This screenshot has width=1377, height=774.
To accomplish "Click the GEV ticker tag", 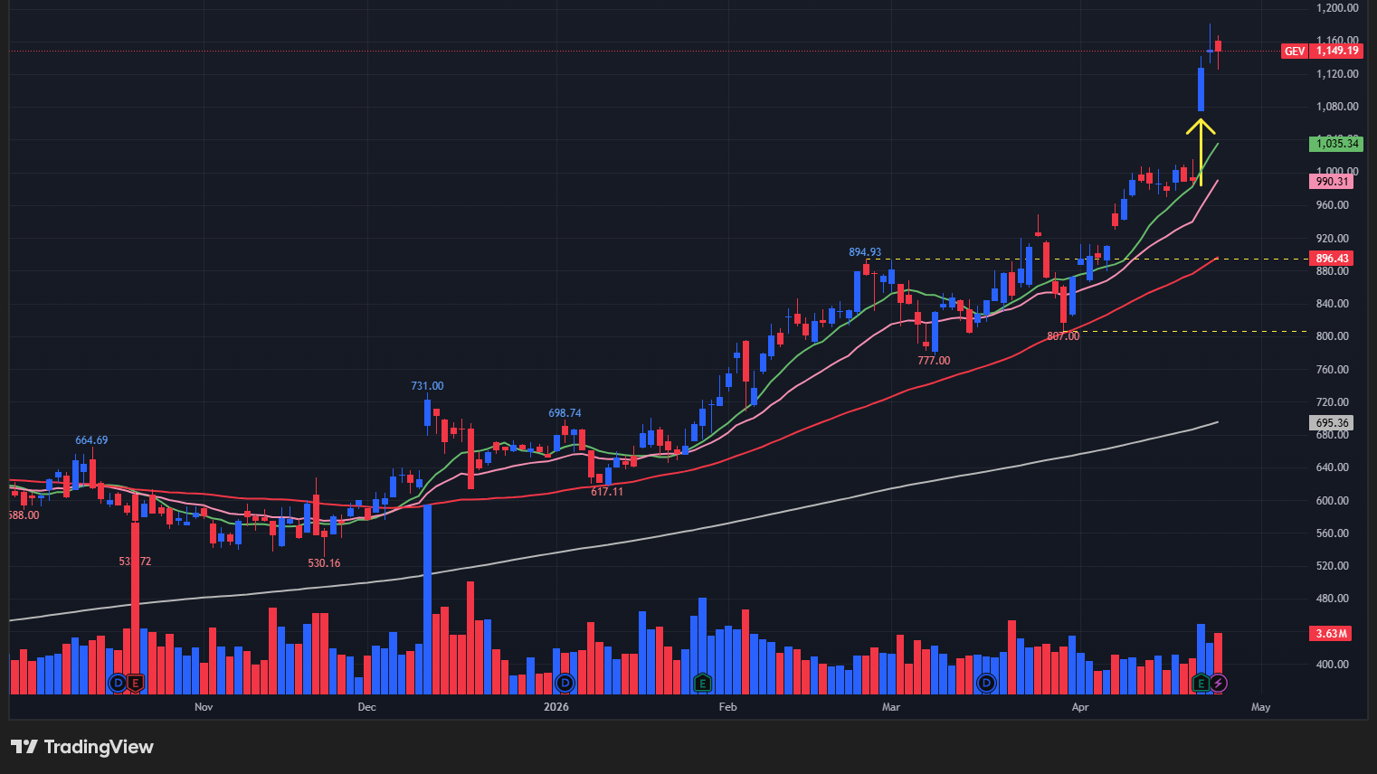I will (1295, 52).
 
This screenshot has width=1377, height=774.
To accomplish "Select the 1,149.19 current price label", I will (1337, 51).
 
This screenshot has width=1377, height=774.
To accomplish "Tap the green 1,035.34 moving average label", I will (1336, 144).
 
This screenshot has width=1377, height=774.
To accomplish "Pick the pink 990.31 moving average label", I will (1332, 182).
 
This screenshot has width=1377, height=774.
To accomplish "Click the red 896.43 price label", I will (1332, 259).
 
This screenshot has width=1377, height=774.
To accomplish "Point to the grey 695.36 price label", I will (1332, 423).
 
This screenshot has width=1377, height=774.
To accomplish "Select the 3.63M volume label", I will (1332, 634).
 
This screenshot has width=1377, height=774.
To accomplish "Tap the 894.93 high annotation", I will (865, 252).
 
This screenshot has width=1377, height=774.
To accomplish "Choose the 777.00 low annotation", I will (934, 361).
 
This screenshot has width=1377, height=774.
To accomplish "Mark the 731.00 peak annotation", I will (427, 386).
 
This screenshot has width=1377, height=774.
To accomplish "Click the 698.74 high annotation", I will (565, 413).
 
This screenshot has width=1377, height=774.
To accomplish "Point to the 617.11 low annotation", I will (607, 492).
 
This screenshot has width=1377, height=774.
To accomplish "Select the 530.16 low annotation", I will (324, 563).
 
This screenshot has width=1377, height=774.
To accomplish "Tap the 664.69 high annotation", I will (91, 440).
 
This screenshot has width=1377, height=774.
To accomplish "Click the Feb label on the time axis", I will (727, 707).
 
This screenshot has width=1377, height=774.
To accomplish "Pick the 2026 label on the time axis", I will (556, 707).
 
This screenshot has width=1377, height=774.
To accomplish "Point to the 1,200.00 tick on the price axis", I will (1336, 8).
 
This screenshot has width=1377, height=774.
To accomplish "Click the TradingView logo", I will (82, 747).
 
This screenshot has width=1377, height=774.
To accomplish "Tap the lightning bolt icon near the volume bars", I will (1219, 683).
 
